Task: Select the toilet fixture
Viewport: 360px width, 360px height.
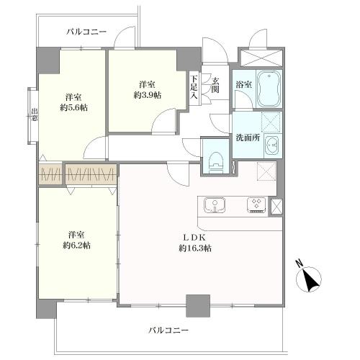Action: point(215,159)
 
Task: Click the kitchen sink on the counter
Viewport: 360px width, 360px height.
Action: point(215,205)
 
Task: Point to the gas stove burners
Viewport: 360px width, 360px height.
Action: point(256,205)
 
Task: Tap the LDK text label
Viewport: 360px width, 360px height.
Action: point(195,237)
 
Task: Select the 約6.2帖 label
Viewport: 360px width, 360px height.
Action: point(76,246)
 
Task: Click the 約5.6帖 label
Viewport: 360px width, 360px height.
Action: point(73,107)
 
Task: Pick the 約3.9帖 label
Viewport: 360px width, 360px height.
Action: point(147,94)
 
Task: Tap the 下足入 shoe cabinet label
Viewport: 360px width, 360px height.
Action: point(194,91)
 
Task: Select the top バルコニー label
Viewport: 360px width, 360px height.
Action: point(86,32)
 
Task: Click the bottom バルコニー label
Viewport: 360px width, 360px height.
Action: point(168,330)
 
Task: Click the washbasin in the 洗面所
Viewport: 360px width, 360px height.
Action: point(272,146)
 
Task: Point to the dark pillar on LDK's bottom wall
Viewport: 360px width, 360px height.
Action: point(197,305)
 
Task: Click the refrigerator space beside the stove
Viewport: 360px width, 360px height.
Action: point(276,206)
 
